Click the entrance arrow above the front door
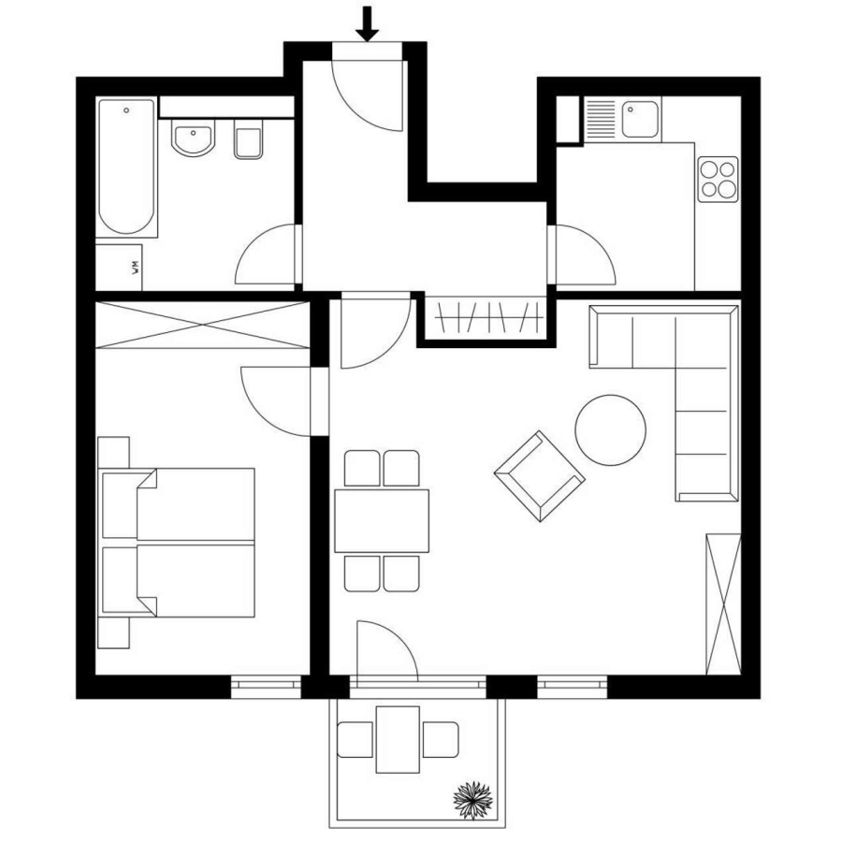368,23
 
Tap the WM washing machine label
136,268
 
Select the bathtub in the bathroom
126,167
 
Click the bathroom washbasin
193,138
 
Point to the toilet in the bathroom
249,139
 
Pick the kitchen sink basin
640,119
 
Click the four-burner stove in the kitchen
719,180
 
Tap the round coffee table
611,430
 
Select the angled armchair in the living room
540,476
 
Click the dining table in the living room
382,521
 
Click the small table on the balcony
398,739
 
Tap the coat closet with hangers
488,318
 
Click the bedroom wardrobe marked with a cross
202,325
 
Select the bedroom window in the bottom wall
266,687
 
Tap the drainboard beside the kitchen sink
601,119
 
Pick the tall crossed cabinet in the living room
723,604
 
